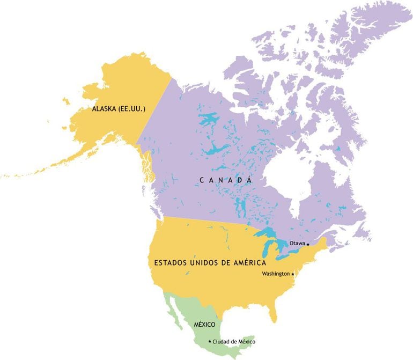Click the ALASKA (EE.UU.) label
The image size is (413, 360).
coord(119,109)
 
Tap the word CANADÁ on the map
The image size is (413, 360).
coord(226,180)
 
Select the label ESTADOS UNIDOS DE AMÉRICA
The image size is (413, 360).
coord(210,263)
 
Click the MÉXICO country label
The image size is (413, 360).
coord(204,325)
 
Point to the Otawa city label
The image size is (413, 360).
coord(297,243)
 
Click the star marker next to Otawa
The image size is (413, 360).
coord(308,244)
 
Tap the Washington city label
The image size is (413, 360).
coord(276,274)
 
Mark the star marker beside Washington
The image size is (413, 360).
coord(292,274)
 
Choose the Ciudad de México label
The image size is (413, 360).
coord(234,342)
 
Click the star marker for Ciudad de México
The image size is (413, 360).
coord(209,341)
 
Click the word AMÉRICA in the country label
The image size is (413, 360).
coord(248,263)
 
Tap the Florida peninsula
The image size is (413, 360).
coord(274,314)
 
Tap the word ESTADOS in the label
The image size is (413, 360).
coord(169,263)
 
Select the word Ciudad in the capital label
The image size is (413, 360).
coord(221,342)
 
